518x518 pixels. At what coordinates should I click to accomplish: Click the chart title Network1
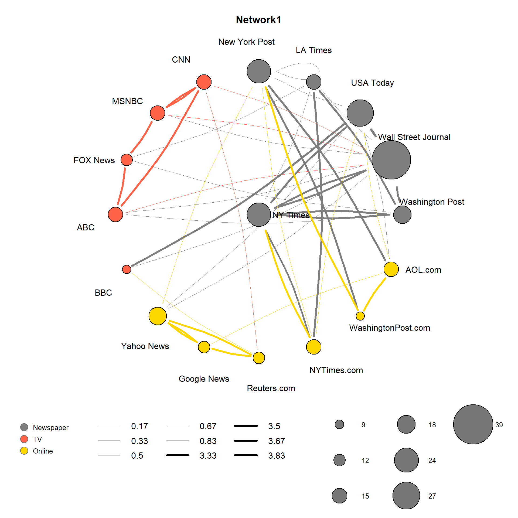click(x=258, y=20)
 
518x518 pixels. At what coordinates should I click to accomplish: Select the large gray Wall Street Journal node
click(x=391, y=160)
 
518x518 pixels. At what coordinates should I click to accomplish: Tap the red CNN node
click(x=204, y=82)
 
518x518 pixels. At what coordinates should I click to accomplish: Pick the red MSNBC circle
click(x=158, y=113)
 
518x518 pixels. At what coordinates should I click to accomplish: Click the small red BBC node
click(x=127, y=269)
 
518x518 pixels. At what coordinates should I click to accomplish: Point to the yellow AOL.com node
click(x=391, y=269)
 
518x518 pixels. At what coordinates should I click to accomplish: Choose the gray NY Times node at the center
click(x=259, y=214)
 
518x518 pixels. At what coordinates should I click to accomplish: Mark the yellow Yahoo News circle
click(x=158, y=316)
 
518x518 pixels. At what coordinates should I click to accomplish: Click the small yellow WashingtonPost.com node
click(x=360, y=316)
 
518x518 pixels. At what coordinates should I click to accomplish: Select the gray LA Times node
click(x=314, y=82)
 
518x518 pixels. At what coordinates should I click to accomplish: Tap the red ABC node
click(x=115, y=214)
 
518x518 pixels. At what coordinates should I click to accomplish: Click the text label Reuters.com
click(x=271, y=388)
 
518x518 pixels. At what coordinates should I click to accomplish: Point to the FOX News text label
click(x=94, y=160)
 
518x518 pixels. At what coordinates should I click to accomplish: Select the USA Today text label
click(x=372, y=83)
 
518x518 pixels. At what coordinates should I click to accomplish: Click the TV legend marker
click(x=24, y=439)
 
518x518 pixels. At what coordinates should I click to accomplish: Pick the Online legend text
click(x=43, y=451)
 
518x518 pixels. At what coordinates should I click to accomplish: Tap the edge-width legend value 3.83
click(x=277, y=456)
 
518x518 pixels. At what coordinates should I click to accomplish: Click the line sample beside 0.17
click(x=109, y=426)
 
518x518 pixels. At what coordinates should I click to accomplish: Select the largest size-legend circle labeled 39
click(x=473, y=424)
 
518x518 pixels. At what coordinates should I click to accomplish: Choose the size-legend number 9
click(x=363, y=425)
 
